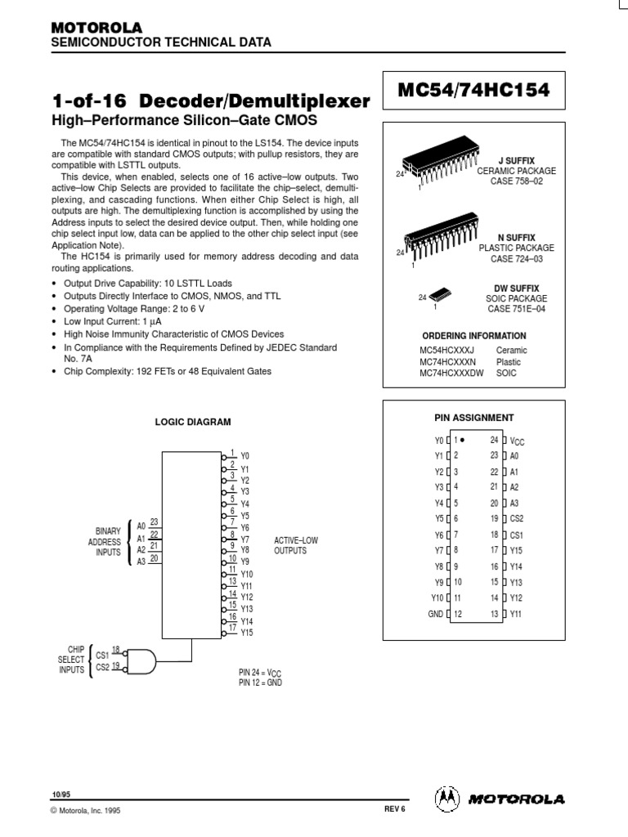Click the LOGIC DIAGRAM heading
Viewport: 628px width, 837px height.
click(x=194, y=422)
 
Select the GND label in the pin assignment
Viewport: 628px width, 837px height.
click(x=434, y=614)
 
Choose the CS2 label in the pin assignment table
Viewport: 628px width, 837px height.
click(x=517, y=518)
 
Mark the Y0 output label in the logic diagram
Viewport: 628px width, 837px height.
click(x=245, y=455)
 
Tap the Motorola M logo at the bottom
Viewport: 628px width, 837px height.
click(x=446, y=798)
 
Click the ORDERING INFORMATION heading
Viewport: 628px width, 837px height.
click(x=473, y=336)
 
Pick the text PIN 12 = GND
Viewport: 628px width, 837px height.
click(x=260, y=682)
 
